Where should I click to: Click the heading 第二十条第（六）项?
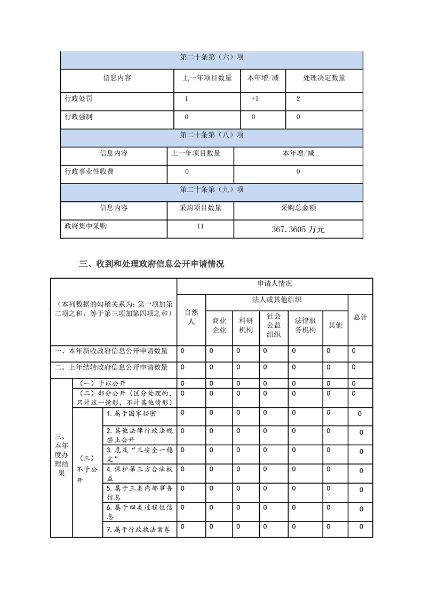tap(212, 58)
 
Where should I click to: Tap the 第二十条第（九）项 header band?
tap(212, 190)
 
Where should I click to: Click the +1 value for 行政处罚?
tap(257, 99)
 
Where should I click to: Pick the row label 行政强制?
tap(78, 116)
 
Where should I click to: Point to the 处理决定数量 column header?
tap(324, 78)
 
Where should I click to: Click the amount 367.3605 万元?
tap(298, 230)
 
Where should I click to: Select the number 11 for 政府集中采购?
tap(200, 226)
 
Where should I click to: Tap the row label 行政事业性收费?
tap(89, 171)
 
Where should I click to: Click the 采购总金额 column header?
tap(298, 208)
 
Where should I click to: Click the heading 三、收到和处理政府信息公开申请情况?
tap(151, 264)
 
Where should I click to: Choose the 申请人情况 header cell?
tap(275, 283)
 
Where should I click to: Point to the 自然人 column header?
tap(191, 317)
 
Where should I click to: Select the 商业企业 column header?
tap(219, 325)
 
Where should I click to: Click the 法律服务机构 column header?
tap(305, 325)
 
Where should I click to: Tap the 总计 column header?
tap(361, 317)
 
